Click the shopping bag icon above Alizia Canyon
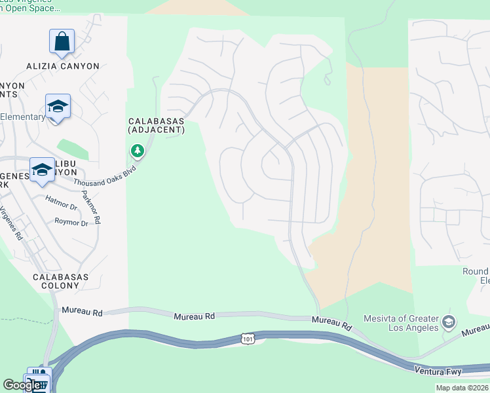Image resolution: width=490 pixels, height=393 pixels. coord(62,41)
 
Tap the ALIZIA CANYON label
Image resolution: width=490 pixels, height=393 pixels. coord(63,66)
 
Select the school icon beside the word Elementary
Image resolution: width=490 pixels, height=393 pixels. coord(58,107)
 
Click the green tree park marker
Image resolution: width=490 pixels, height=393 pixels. coord(137,151)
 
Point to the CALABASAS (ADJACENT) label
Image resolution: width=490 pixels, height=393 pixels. coord(157,126)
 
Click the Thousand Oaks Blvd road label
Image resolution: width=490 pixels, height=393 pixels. coord(105,174)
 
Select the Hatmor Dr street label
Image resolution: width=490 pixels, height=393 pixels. coord(61,198)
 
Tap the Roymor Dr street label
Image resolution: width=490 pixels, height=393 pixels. coord(71,223)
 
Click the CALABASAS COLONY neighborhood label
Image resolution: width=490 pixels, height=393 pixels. coord(61,282)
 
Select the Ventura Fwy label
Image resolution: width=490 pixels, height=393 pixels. coord(438,371)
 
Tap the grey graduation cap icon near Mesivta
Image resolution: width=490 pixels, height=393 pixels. coord(449,322)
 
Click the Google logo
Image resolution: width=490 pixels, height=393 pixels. coord(22,384)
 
